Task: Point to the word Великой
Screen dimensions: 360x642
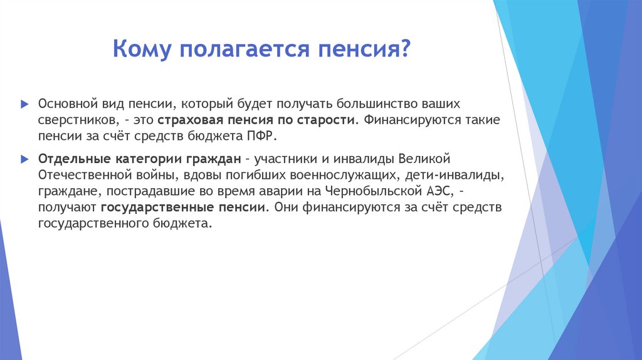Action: tap(430, 157)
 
